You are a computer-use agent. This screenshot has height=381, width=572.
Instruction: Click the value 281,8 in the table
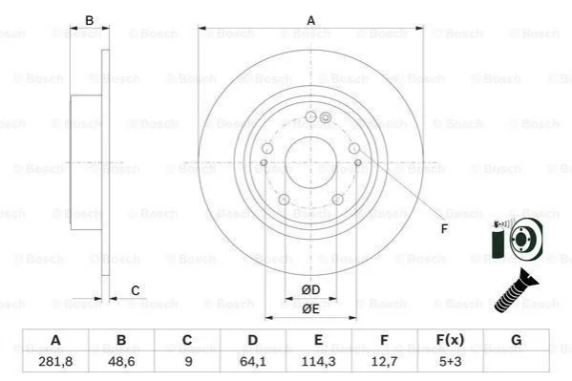pyautogui.click(x=55, y=361)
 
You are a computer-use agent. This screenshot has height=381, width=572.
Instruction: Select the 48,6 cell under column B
pyautogui.click(x=121, y=361)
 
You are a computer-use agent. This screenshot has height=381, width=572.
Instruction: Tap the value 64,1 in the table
pyautogui.click(x=253, y=361)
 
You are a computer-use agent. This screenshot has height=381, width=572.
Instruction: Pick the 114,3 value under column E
pyautogui.click(x=318, y=361)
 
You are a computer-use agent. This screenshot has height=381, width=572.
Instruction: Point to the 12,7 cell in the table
pyautogui.click(x=384, y=361)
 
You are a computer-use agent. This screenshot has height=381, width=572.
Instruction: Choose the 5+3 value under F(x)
pyautogui.click(x=450, y=361)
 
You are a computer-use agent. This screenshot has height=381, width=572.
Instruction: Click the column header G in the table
pyautogui.click(x=517, y=340)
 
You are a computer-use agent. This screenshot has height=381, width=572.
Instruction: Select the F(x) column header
pyautogui.click(x=450, y=340)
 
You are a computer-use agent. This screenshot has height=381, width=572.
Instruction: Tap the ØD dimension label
pyautogui.click(x=310, y=289)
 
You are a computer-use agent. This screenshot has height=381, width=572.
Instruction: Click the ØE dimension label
pyautogui.click(x=310, y=309)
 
